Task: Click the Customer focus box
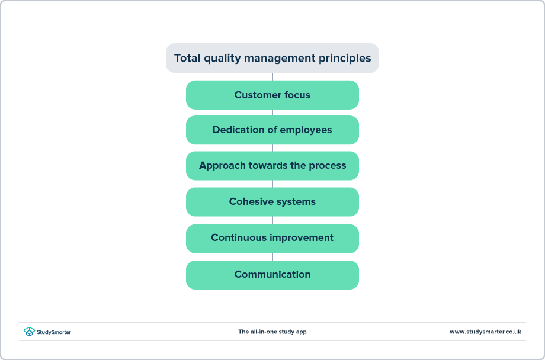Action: coord(272,95)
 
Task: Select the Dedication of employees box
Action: coord(272,130)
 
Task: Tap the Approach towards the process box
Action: coord(272,166)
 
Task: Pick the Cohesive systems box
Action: coord(272,202)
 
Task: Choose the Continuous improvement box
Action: coord(272,238)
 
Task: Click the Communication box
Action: coord(272,275)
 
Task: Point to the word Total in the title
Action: coord(187,58)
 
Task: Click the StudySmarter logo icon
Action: coord(29,332)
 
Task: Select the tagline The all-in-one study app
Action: coord(272,332)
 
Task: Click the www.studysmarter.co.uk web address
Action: coord(485,332)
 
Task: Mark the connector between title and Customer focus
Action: coord(272,76)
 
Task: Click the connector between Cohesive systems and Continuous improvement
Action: coord(272,220)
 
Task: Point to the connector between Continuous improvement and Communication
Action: coord(272,256)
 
